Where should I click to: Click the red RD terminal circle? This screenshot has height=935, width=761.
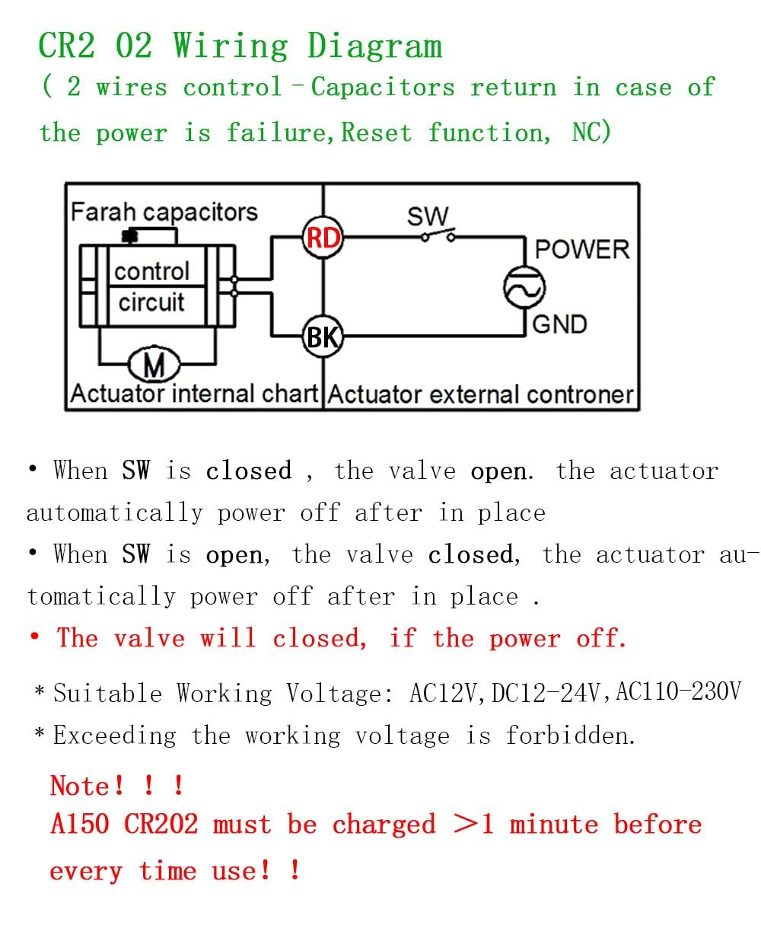(323, 238)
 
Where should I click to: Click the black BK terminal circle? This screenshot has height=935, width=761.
(323, 337)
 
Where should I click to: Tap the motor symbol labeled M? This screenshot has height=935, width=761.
(154, 364)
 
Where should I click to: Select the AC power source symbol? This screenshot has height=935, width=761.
(524, 288)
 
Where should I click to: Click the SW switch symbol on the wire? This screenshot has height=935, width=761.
(438, 235)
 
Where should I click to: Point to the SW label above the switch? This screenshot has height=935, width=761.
(428, 216)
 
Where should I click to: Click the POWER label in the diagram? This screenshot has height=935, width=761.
(582, 249)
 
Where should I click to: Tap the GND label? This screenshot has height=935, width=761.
(559, 324)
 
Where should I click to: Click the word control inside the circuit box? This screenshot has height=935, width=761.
(151, 271)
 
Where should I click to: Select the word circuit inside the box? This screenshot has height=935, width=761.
(151, 302)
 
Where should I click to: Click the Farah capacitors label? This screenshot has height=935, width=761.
(164, 212)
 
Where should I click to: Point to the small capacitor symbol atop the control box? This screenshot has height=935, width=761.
(130, 236)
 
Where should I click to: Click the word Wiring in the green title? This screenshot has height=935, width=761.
(231, 46)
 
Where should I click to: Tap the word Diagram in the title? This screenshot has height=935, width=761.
(375, 46)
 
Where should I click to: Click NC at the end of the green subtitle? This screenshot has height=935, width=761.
(591, 132)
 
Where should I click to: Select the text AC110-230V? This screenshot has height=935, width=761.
(679, 691)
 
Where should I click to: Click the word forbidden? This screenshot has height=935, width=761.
(570, 735)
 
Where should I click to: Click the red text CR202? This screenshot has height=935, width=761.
(161, 824)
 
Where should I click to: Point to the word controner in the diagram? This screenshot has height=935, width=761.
(580, 394)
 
